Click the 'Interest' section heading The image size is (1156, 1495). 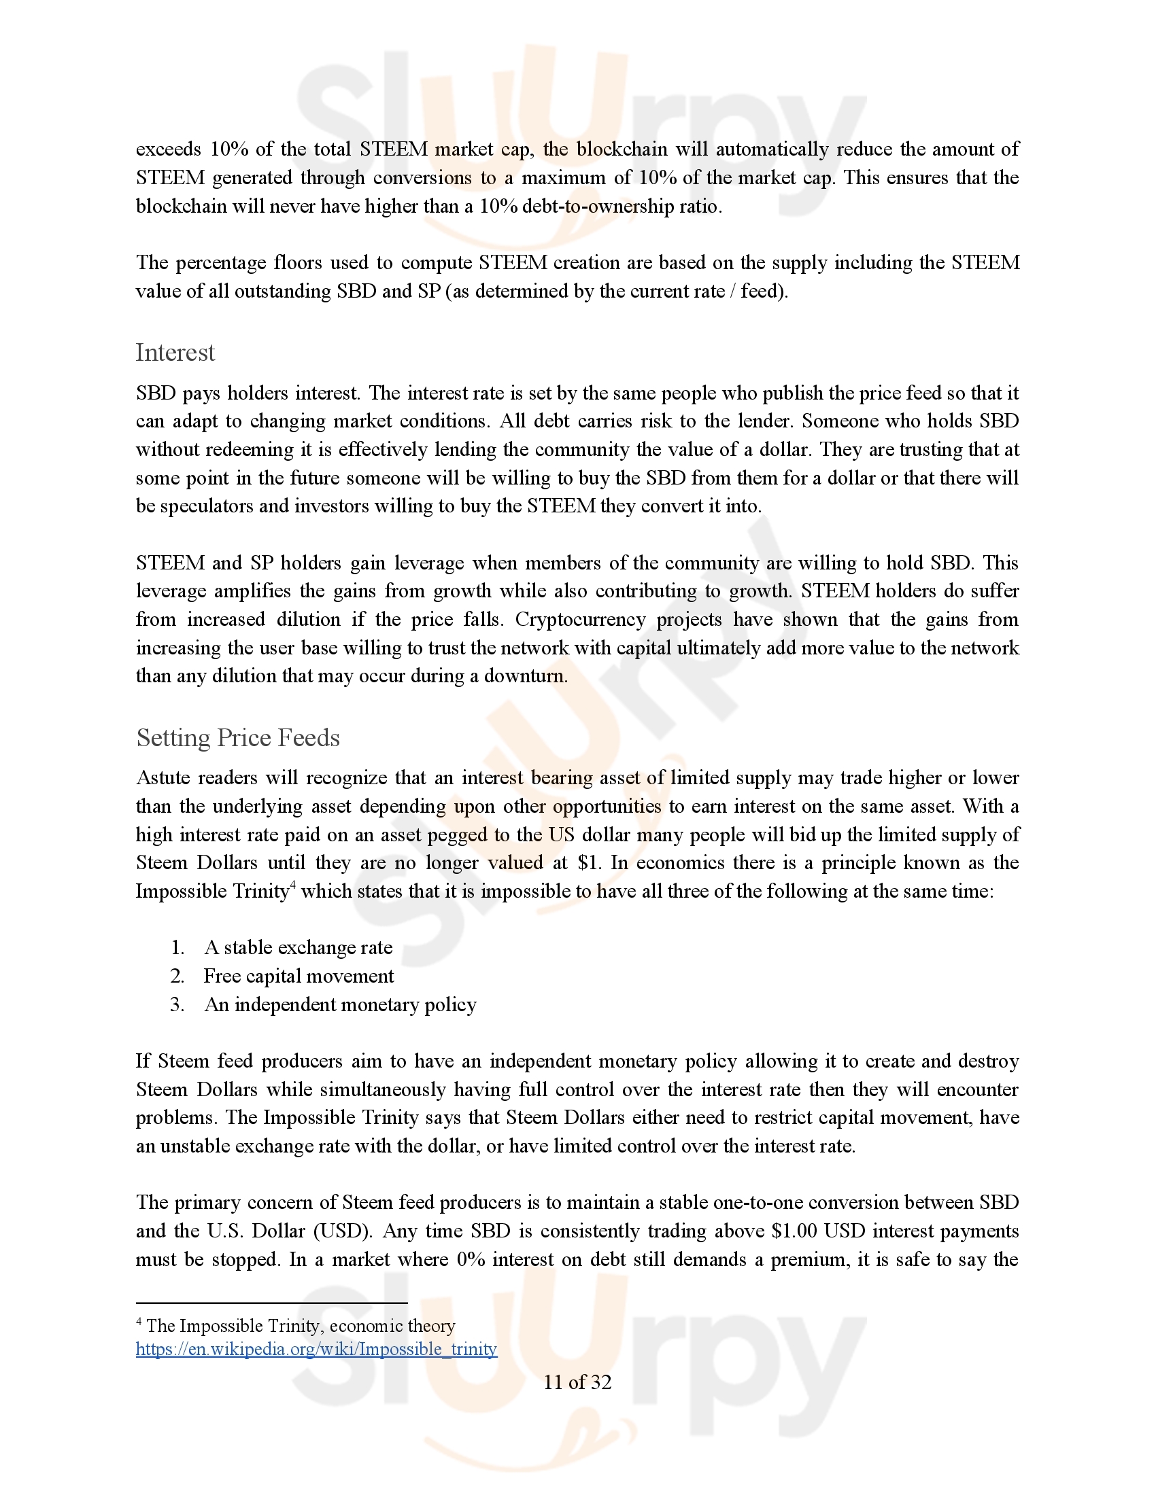tap(175, 353)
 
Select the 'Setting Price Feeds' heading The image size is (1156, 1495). tap(237, 738)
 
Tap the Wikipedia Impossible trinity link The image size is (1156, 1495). tap(316, 1349)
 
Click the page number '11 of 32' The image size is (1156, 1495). tap(577, 1383)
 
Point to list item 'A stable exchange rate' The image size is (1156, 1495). tap(299, 947)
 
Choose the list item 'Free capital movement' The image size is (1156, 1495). tap(299, 976)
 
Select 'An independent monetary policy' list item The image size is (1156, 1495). tap(341, 1005)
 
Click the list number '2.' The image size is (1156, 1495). tap(177, 976)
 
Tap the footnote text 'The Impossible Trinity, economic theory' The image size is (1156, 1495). tap(301, 1326)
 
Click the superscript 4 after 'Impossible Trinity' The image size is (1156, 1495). tap(292, 886)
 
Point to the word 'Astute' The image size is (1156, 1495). tap(162, 778)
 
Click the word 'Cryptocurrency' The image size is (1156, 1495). tap(580, 620)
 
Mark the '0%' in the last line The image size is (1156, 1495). tap(471, 1259)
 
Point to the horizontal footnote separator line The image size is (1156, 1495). tap(271, 1303)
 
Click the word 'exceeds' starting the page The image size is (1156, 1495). tap(169, 149)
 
